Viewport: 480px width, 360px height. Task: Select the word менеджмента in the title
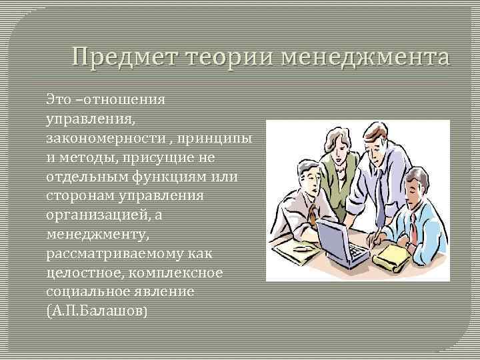coord(365,57)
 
